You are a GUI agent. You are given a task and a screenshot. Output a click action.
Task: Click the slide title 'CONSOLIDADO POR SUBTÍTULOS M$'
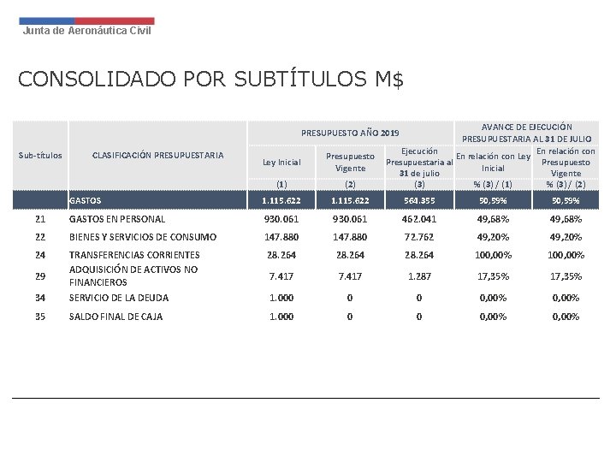[210, 80]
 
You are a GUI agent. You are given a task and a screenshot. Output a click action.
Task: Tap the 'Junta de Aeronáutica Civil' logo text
[86, 31]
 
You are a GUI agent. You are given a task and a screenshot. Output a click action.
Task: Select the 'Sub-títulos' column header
[40, 156]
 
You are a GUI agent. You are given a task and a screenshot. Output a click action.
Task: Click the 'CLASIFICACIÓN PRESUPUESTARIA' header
[157, 156]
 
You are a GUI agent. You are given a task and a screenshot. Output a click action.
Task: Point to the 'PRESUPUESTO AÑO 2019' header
[350, 133]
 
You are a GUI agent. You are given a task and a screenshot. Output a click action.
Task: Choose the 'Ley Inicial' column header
[281, 163]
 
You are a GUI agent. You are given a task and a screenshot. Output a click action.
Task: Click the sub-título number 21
[40, 219]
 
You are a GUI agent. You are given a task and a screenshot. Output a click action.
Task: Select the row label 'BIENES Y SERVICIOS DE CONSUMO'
[143, 237]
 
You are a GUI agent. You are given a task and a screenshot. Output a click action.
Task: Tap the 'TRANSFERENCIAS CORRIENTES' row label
[134, 255]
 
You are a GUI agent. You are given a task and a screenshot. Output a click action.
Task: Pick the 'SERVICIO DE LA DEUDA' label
[119, 298]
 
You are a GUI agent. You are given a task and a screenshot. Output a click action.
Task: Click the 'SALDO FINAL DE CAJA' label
[115, 317]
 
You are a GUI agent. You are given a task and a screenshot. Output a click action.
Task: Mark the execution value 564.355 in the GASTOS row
[418, 201]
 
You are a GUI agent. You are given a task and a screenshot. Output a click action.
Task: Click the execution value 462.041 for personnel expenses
[418, 219]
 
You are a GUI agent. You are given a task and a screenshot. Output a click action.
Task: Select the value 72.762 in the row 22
[418, 237]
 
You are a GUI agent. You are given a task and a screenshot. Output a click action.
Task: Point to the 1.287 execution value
[418, 276]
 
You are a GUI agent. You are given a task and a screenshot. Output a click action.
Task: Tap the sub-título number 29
[40, 276]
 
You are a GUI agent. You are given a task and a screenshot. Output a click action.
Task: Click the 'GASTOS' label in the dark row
[85, 201]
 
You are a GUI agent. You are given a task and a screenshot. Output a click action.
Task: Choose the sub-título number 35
[40, 317]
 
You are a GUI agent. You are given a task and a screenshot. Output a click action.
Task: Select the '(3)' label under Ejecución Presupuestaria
[418, 184]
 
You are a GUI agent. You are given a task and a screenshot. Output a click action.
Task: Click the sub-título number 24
[40, 255]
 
